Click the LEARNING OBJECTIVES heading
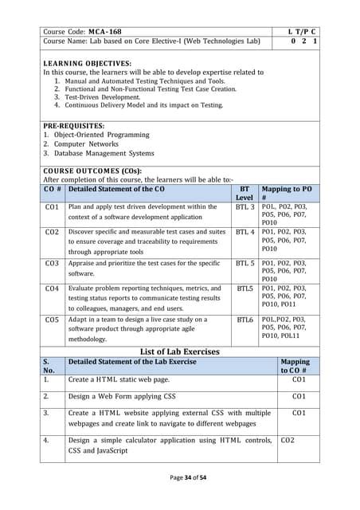[x=87, y=63]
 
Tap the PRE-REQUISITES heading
[x=73, y=125]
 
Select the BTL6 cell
[x=245, y=320]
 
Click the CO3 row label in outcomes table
[x=53, y=262]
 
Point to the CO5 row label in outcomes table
[x=53, y=320]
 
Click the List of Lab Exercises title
[x=179, y=351]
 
